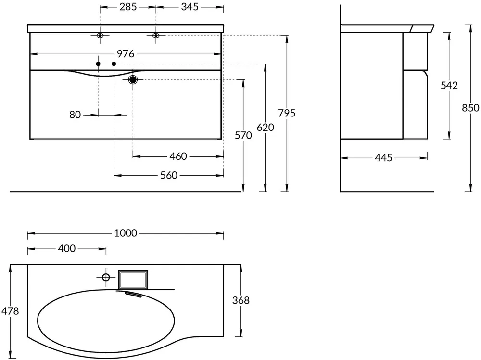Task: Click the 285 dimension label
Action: (128, 7)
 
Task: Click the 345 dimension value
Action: (190, 7)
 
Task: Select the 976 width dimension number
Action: (126, 54)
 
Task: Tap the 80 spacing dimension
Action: (75, 115)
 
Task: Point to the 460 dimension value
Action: (178, 156)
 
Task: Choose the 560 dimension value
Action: (169, 175)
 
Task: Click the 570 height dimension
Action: (243, 135)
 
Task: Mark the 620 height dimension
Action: (266, 127)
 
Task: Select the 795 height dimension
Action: (287, 113)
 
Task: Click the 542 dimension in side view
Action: (449, 85)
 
